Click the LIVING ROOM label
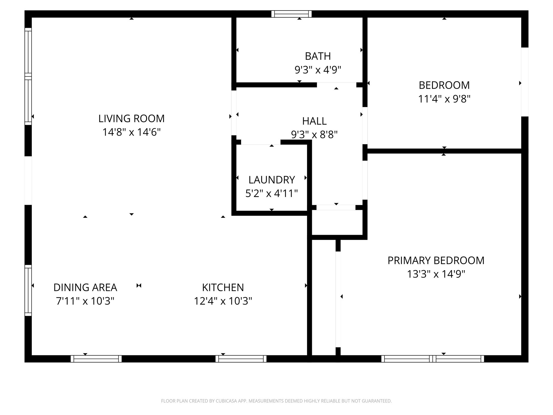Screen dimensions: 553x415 (131, 119)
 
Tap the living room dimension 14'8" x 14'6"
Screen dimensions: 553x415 (131, 132)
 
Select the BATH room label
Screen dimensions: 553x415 (318, 56)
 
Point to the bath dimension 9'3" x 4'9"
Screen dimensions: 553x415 (318, 70)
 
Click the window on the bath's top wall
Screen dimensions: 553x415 (291, 14)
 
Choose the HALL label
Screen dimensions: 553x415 (314, 121)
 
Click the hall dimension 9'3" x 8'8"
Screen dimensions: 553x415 (314, 134)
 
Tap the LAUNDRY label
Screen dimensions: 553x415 (272, 180)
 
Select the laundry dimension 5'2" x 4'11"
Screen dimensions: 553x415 (272, 193)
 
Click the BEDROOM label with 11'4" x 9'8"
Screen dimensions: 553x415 (444, 85)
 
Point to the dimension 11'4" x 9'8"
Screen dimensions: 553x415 (444, 99)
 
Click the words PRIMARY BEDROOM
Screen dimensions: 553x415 (436, 260)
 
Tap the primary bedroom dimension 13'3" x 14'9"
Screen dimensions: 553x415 (436, 274)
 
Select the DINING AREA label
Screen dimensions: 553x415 (85, 287)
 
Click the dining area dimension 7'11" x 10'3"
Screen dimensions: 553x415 (85, 301)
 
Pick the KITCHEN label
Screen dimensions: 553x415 (223, 287)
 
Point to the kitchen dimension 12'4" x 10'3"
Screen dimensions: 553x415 (223, 301)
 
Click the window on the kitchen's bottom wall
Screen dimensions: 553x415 (241, 359)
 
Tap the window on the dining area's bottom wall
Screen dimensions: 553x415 (96, 359)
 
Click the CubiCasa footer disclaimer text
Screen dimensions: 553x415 (276, 401)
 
